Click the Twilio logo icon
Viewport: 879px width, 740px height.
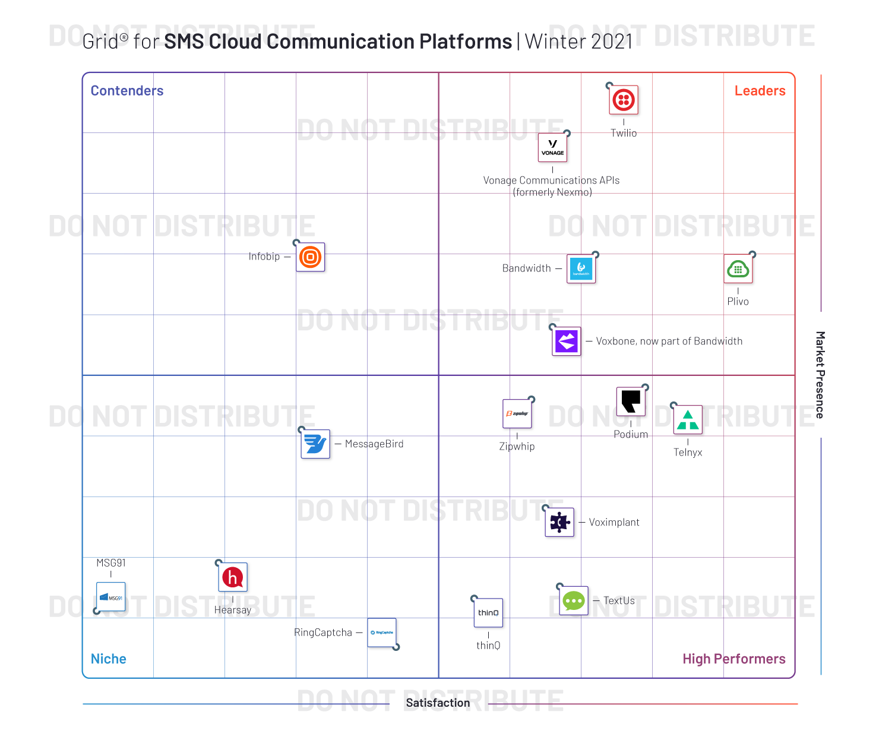(624, 100)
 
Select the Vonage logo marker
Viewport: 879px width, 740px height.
(552, 148)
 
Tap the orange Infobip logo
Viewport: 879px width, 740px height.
(310, 257)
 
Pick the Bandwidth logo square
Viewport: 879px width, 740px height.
(581, 269)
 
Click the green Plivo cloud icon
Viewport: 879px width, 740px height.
(738, 269)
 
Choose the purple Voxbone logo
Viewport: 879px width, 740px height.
(567, 341)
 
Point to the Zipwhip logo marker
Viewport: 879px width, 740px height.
(517, 413)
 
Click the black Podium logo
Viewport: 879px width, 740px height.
(631, 402)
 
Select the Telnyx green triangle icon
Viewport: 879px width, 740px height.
(688, 420)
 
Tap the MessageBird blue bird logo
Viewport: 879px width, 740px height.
(315, 444)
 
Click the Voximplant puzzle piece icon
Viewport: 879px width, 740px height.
(559, 523)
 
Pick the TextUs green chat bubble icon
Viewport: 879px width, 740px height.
(574, 601)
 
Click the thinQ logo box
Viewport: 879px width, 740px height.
(488, 613)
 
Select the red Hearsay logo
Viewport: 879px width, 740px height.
(233, 577)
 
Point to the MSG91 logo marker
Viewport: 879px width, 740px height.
(111, 597)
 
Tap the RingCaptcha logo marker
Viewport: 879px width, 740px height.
(381, 633)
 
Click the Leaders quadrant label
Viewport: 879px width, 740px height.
(760, 91)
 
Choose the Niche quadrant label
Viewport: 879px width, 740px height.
(109, 659)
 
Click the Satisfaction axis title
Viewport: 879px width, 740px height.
(438, 703)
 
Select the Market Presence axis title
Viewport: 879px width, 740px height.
(820, 375)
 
